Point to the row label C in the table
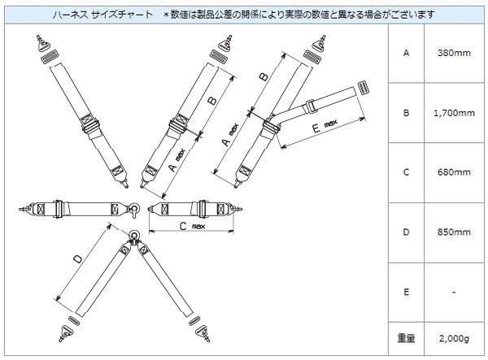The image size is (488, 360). (406, 173)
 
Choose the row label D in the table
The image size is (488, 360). (406, 232)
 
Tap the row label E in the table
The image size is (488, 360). (406, 291)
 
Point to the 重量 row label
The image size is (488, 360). (406, 336)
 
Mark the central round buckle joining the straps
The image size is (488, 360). (135, 236)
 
